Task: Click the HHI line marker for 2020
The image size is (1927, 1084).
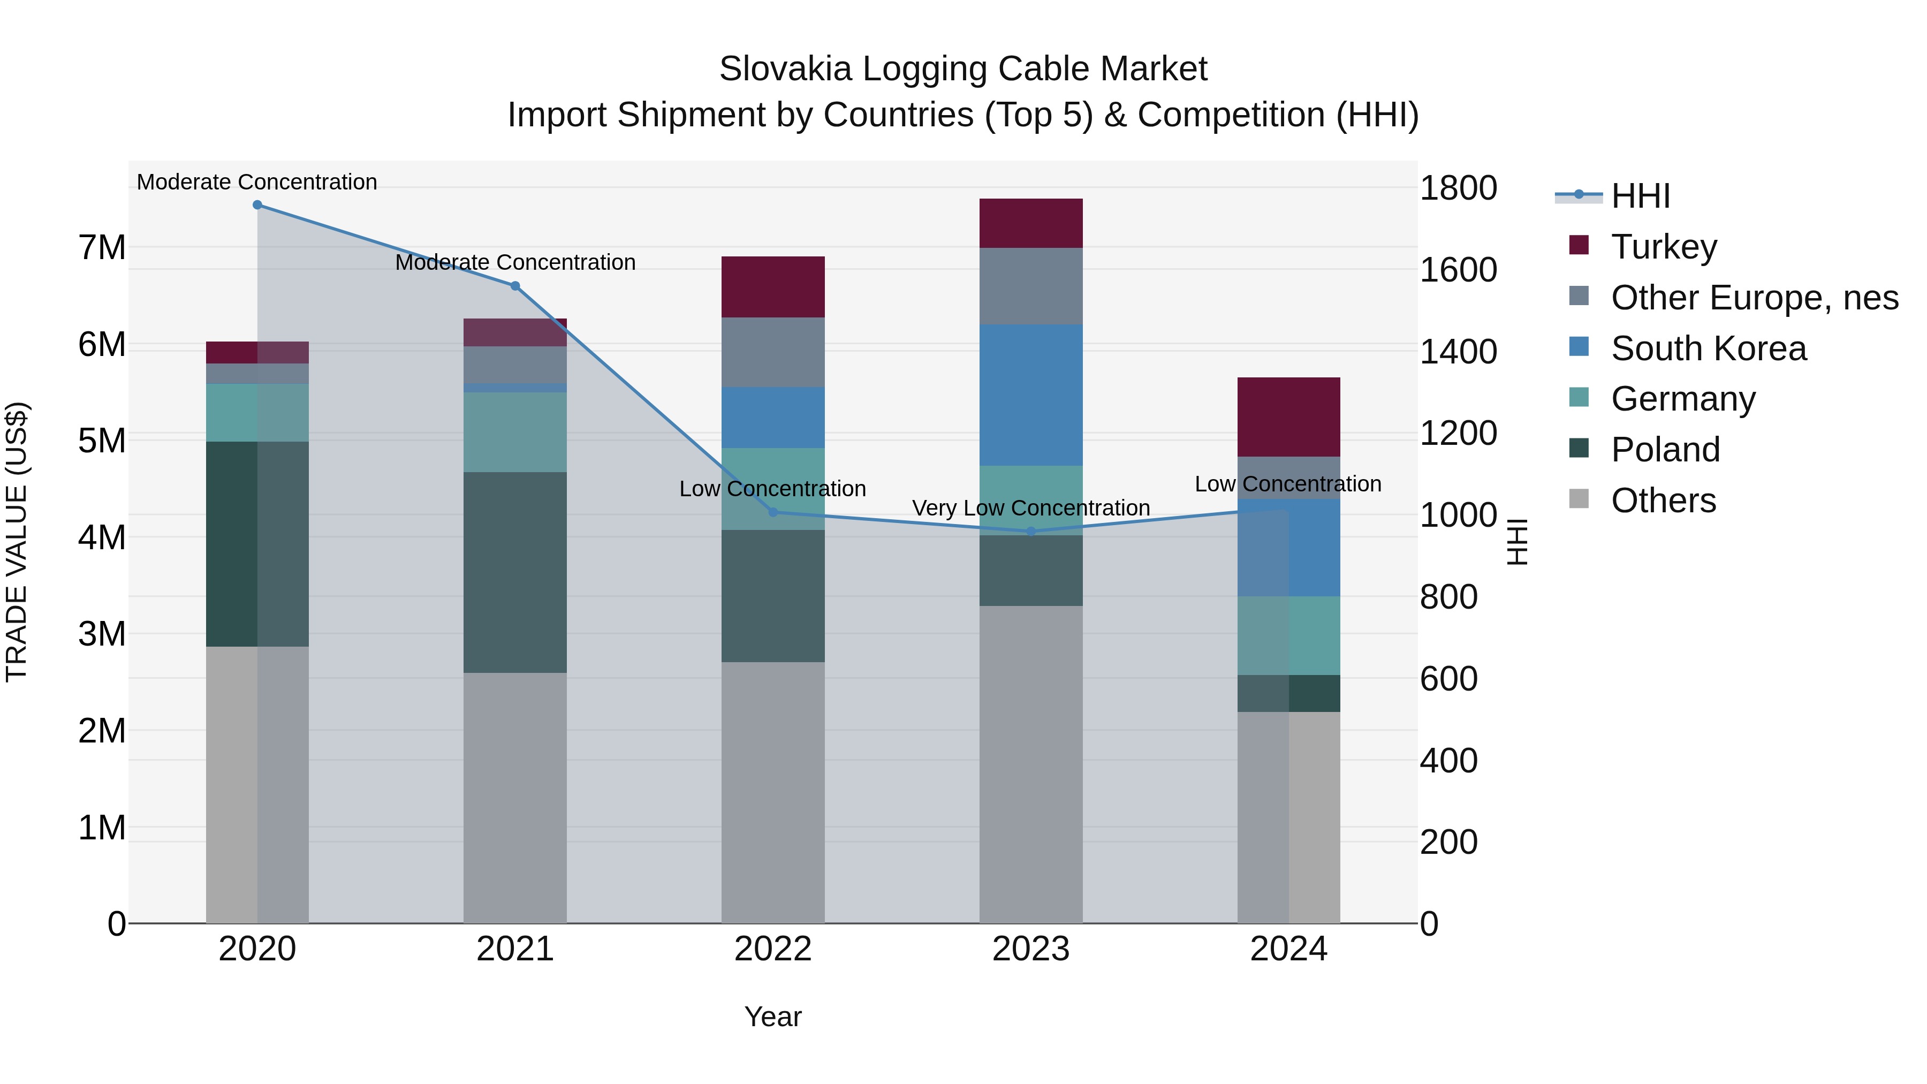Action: click(257, 205)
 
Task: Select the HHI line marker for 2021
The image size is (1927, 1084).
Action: click(514, 286)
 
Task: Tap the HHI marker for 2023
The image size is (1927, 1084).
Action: click(1031, 531)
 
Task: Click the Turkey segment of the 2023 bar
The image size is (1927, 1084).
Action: click(1031, 223)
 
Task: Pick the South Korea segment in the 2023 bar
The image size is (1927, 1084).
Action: click(1031, 395)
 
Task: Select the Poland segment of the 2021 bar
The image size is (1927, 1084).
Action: click(514, 572)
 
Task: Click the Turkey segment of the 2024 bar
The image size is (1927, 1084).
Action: click(1288, 416)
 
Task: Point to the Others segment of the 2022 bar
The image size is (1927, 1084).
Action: click(773, 792)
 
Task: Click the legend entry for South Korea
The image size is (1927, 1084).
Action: click(1708, 348)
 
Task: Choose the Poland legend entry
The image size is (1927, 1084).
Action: click(1665, 450)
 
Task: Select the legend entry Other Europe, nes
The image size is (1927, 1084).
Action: click(1754, 298)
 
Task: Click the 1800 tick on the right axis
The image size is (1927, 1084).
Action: click(1457, 188)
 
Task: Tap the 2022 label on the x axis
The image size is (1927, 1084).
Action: click(773, 949)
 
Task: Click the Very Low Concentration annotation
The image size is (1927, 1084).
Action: click(1031, 508)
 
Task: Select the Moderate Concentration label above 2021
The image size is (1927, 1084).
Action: click(514, 263)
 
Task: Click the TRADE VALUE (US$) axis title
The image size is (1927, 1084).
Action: click(17, 542)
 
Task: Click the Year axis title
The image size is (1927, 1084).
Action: click(773, 1017)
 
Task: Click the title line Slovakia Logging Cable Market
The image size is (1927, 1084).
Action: click(963, 69)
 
